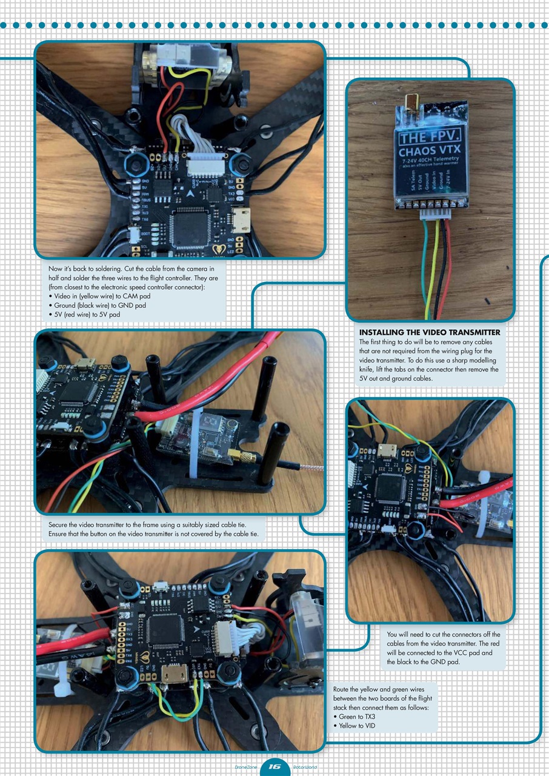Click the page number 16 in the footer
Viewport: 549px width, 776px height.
[x=274, y=767]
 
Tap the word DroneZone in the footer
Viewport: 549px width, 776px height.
[x=245, y=768]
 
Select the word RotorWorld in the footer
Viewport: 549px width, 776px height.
[x=305, y=768]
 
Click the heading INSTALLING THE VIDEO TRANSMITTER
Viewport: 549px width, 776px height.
[x=429, y=332]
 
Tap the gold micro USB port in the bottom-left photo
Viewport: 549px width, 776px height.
[x=175, y=672]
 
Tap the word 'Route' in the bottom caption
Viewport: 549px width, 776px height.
[x=343, y=690]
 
